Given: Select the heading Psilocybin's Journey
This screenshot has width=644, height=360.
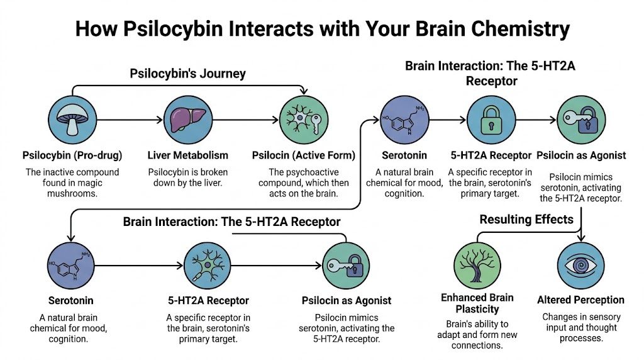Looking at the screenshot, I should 187,74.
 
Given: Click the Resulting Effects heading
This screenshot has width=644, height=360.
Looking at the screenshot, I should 526,219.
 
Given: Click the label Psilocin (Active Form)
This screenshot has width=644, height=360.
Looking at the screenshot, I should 303,155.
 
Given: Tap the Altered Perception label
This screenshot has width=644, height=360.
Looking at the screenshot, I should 580,300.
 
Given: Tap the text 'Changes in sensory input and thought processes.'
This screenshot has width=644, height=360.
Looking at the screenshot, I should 580,327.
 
